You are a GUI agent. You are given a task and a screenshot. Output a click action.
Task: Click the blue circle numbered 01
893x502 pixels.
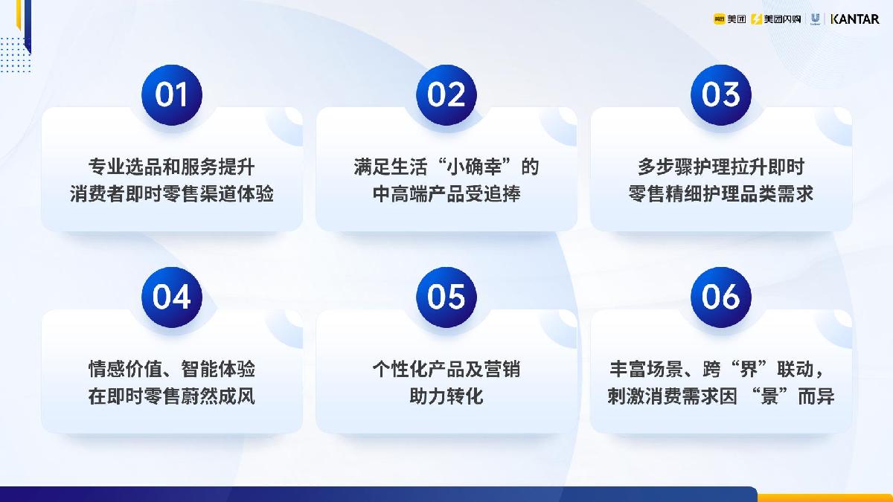pos(172,94)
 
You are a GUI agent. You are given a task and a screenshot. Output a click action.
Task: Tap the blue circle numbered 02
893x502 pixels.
pos(446,94)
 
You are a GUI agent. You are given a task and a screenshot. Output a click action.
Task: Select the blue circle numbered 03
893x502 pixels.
pos(720,94)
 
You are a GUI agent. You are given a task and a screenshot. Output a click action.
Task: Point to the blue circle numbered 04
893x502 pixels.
pos(172,297)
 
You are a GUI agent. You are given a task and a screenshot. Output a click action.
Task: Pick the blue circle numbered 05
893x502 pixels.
pos(446,297)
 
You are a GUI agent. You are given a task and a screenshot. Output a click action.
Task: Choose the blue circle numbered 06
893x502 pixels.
pos(720,297)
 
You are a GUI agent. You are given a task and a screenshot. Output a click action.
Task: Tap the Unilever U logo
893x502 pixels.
pos(815,19)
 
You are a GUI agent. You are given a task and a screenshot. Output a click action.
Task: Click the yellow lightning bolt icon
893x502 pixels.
pos(757,19)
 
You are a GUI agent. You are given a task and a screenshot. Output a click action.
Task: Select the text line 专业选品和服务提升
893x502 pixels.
pos(172,167)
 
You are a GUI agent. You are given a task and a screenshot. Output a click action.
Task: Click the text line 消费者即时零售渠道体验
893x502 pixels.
pos(172,194)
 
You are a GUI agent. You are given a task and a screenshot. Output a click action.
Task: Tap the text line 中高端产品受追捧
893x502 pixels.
pos(446,194)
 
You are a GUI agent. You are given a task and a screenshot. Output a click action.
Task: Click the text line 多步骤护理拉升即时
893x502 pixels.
pos(720,167)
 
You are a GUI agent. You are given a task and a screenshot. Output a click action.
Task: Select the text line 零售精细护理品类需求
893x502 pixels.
pos(720,194)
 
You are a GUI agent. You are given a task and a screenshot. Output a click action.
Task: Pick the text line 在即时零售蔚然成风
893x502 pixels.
pos(172,396)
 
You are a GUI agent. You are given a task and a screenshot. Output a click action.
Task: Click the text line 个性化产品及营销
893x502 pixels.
pos(446,369)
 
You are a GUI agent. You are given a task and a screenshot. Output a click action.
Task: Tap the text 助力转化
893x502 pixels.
pos(446,396)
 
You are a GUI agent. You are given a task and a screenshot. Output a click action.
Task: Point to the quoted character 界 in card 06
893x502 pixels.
pos(744,369)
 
